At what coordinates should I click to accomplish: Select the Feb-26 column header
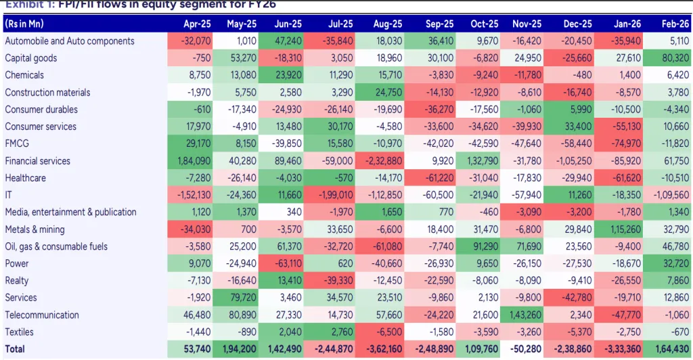click(x=675, y=23)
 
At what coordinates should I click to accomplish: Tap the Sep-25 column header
click(x=440, y=23)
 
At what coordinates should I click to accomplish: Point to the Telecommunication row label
click(x=42, y=315)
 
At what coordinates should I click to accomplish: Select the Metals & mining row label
click(x=35, y=229)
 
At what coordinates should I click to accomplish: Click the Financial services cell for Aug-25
click(x=385, y=161)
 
